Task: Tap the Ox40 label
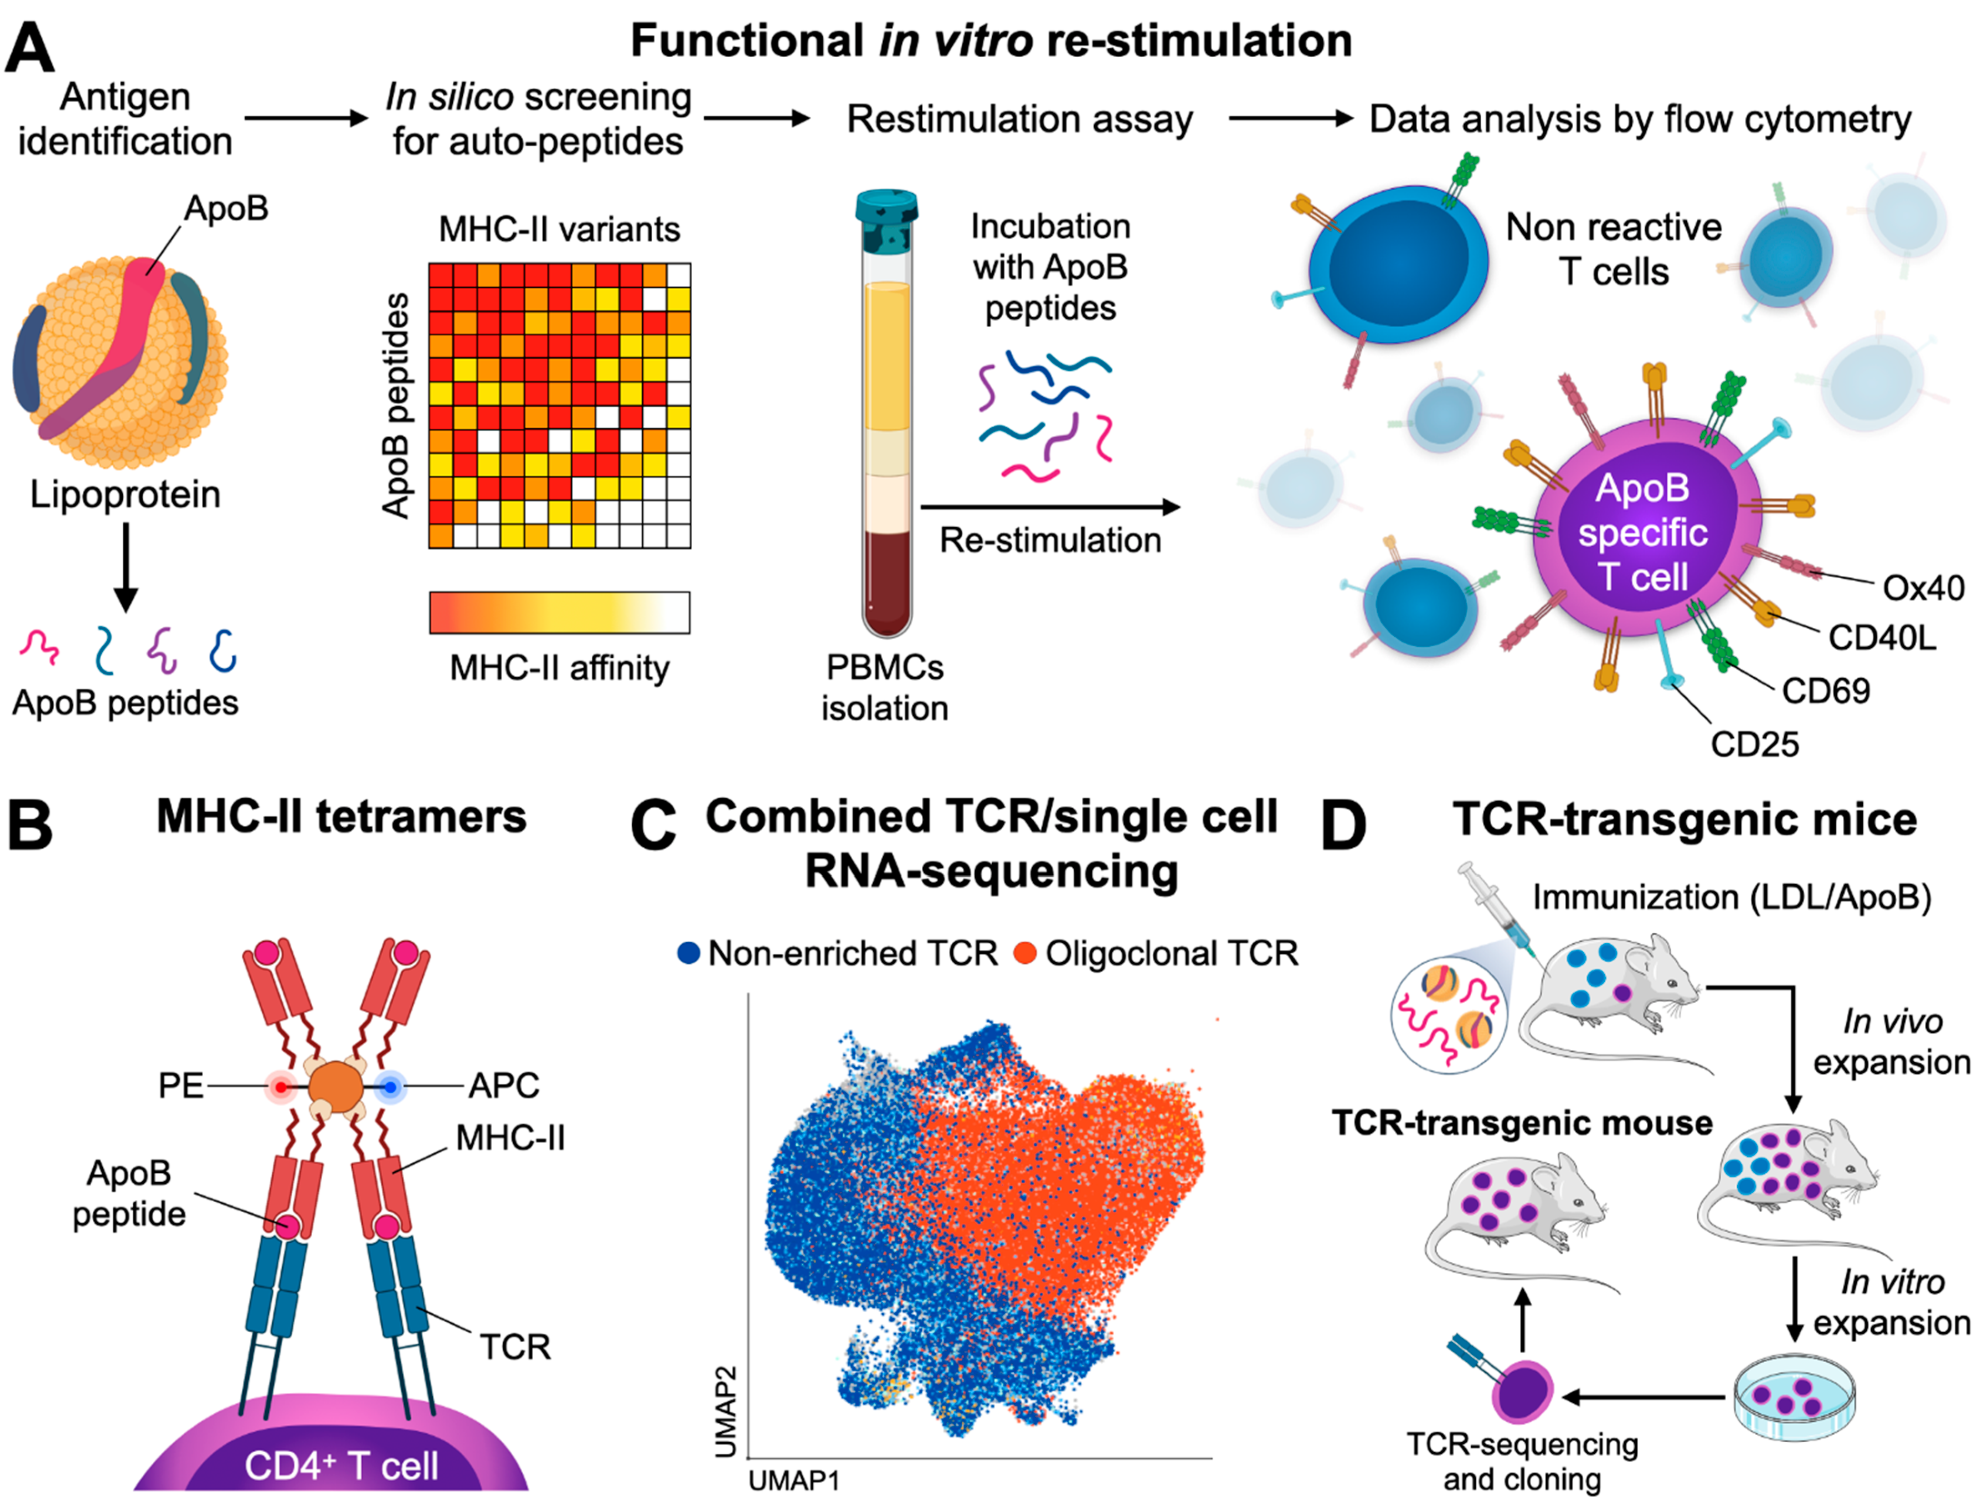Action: tap(1923, 589)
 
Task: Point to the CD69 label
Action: tap(1826, 691)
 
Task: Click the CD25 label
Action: tap(1754, 744)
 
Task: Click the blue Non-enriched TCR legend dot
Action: tap(688, 953)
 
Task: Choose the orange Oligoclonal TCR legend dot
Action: tap(1025, 953)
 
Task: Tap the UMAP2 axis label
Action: tap(726, 1411)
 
